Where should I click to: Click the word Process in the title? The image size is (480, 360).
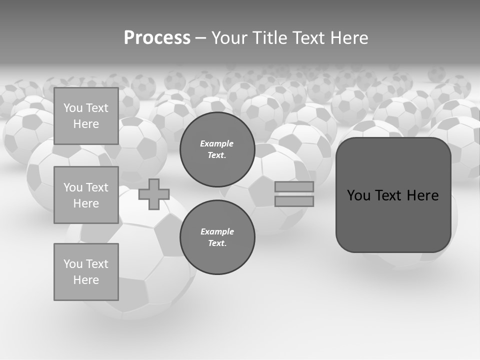[157, 38]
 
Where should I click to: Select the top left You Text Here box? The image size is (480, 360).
[86, 116]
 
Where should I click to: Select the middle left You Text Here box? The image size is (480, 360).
[86, 195]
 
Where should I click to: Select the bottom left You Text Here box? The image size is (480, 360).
[86, 271]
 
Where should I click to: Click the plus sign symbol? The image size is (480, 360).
[153, 194]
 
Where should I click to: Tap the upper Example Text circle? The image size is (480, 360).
[217, 149]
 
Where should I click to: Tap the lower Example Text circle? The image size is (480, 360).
[217, 237]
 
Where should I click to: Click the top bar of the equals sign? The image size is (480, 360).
[294, 187]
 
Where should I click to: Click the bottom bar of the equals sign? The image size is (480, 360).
[294, 201]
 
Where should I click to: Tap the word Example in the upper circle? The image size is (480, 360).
[217, 143]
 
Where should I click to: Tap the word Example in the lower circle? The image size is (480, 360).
[217, 231]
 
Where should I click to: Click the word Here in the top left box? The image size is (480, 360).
[86, 124]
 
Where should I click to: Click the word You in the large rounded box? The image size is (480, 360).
[358, 195]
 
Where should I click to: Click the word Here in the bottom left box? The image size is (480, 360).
[86, 280]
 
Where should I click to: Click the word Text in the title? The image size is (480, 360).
[308, 38]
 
